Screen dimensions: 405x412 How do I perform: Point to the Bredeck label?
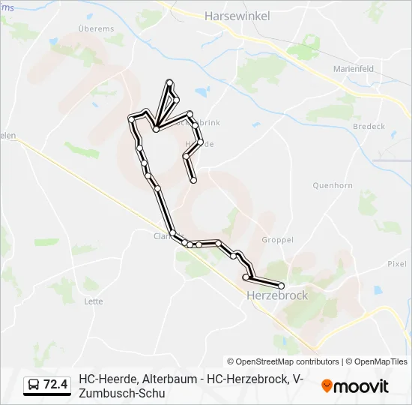click(369, 127)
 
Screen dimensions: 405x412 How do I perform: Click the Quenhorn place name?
click(332, 184)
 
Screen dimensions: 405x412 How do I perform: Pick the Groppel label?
click(277, 240)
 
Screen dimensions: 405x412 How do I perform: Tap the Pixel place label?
click(396, 263)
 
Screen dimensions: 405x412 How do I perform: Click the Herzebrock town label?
click(277, 295)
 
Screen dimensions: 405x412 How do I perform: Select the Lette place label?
click(94, 301)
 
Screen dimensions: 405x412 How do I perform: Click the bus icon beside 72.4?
click(34, 385)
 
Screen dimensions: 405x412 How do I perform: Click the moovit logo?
click(355, 386)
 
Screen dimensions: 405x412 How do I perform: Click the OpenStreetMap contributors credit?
click(283, 361)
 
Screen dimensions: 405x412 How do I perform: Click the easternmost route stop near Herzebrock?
click(282, 286)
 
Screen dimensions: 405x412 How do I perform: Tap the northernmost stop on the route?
click(170, 82)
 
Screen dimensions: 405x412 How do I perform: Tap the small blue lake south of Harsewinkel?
click(202, 92)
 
